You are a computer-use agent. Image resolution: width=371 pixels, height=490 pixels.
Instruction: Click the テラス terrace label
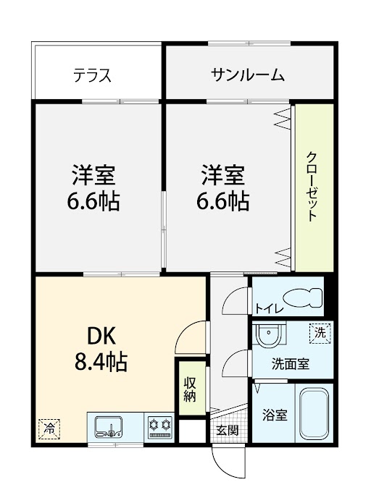click(x=92, y=75)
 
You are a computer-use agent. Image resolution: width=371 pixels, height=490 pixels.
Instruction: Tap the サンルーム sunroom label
click(x=247, y=75)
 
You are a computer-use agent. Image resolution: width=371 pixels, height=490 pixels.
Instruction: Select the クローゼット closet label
click(x=312, y=186)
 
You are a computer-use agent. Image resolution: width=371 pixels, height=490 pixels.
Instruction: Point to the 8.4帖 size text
click(x=101, y=362)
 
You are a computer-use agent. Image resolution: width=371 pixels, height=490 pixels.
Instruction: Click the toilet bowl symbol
click(x=302, y=297)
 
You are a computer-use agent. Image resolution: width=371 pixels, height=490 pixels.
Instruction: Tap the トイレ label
click(x=270, y=309)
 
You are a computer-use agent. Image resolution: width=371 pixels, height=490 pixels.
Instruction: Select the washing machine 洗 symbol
click(x=320, y=334)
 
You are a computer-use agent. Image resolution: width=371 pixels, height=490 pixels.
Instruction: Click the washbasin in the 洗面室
click(x=270, y=334)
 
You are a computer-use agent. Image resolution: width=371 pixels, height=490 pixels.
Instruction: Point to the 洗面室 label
click(x=291, y=364)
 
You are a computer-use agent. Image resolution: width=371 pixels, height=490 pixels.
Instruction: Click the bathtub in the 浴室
click(x=314, y=414)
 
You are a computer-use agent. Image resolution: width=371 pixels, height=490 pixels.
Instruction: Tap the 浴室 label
click(x=275, y=415)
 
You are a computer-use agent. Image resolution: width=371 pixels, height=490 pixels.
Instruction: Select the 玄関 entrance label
click(x=228, y=431)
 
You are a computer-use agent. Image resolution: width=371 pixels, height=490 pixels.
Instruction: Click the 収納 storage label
click(x=190, y=389)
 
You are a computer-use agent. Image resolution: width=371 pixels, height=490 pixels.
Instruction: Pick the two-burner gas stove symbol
click(x=160, y=427)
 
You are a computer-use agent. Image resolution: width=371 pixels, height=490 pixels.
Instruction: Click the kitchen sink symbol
click(x=109, y=426)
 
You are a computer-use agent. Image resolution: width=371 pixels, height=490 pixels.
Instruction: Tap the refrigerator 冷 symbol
click(x=49, y=428)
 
